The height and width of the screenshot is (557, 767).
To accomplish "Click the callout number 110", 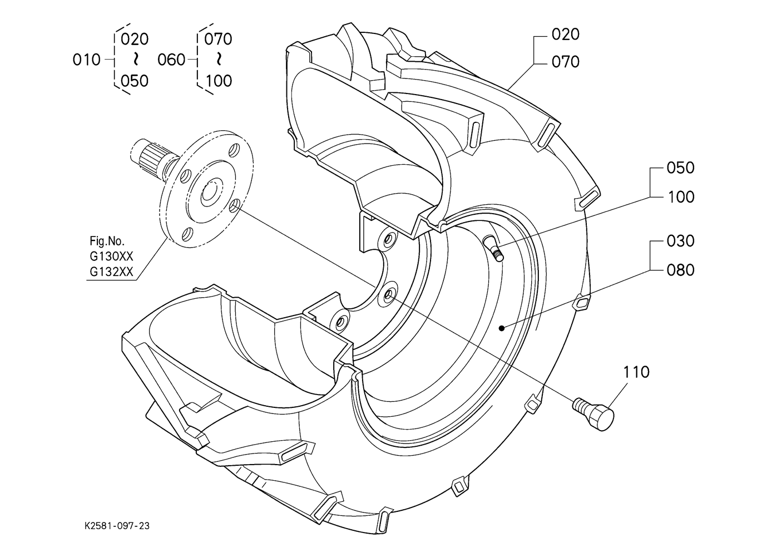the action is (636, 372).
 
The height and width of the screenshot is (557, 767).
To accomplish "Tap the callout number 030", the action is (680, 241).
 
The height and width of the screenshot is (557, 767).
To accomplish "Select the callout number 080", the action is (680, 270).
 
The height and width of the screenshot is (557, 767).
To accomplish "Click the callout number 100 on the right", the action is (680, 197).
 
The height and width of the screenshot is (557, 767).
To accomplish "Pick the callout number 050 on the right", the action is (680, 168).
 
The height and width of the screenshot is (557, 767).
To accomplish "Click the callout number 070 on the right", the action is (565, 62).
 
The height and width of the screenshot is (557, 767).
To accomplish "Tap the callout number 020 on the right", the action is (565, 34).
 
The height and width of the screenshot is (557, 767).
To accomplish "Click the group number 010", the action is (86, 60).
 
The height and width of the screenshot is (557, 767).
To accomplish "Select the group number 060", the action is (171, 60).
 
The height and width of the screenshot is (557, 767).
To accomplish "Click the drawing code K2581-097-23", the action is (117, 526).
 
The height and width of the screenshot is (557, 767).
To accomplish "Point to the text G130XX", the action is (111, 256).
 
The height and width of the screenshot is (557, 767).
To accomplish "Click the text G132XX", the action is (111, 272).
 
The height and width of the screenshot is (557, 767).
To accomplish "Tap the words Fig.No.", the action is (107, 241).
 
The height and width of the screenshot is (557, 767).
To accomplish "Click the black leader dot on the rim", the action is (502, 328).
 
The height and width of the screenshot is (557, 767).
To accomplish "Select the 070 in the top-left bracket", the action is (218, 39).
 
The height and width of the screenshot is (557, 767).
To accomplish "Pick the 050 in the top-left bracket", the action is (135, 81).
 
